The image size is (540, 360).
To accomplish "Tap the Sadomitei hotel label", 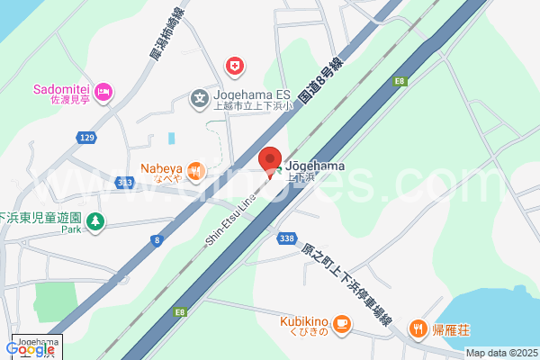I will [x=59, y=89].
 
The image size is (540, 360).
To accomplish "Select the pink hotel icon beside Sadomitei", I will [x=103, y=91].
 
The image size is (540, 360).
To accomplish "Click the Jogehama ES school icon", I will [x=199, y=97].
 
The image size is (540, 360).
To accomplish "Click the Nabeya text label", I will [x=161, y=167].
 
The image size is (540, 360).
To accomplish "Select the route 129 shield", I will [x=85, y=137].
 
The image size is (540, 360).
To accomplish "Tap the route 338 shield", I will [x=286, y=238].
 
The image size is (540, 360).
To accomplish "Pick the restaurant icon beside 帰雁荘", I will [x=418, y=329].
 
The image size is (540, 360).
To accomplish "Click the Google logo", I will [x=30, y=349].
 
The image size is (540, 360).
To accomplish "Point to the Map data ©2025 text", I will [x=500, y=354].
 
